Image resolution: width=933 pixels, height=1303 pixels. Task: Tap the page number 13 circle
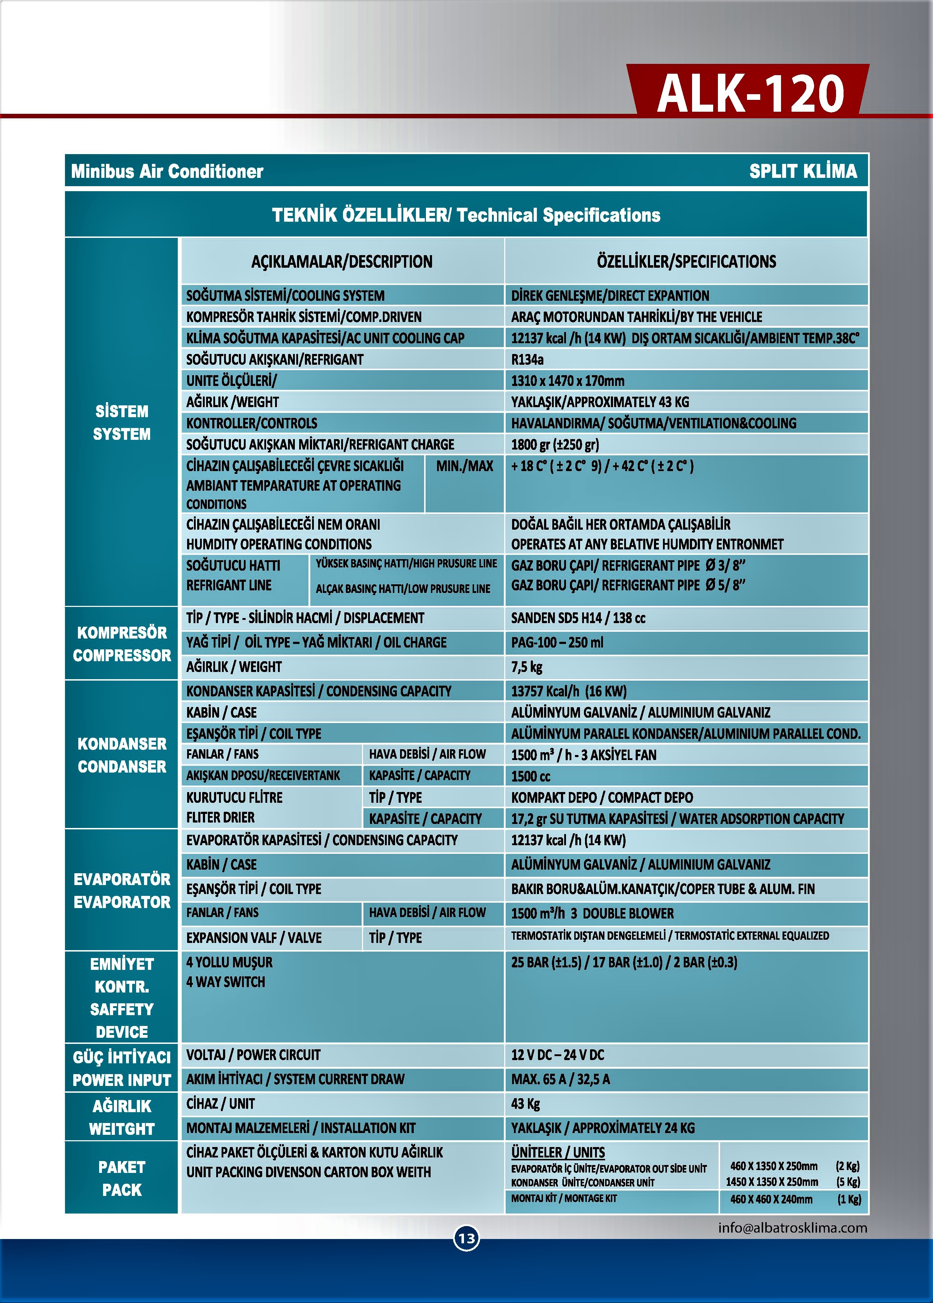coord(466,1238)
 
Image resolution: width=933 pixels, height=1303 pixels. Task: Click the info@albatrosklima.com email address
coord(792,1228)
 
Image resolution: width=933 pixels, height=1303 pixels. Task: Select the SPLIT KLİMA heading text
coord(803,171)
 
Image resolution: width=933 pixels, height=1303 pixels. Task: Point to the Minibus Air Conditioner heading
coord(167,171)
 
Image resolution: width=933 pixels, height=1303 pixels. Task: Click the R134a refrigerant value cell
coord(527,360)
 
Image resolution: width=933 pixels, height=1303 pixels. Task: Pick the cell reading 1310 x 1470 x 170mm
coord(567,381)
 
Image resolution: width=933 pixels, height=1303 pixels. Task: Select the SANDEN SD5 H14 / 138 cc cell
coord(578,618)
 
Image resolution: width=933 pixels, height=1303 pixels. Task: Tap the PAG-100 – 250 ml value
coord(557,642)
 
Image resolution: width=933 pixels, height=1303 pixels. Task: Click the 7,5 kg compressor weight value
coord(526,667)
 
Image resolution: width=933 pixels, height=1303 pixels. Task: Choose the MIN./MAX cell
coord(464,466)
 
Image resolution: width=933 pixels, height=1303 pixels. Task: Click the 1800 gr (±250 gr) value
coord(554,445)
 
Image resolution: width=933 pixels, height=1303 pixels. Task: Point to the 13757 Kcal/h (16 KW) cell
coord(568,691)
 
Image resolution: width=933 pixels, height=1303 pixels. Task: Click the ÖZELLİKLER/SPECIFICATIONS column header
coord(686,262)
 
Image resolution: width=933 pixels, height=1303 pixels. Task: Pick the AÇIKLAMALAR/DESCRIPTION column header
coord(342,262)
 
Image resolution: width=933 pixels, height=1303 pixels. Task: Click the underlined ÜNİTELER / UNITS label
coord(557,1152)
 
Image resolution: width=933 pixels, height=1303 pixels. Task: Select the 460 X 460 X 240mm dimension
coord(771,1199)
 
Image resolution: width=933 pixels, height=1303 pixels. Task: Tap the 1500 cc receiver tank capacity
coord(530,776)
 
